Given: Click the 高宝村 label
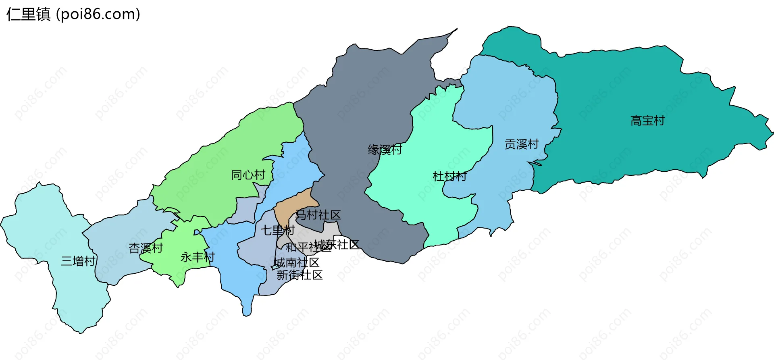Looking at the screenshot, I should click(x=647, y=121).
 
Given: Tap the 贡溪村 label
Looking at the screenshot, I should click(x=522, y=144).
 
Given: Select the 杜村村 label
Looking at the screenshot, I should click(x=449, y=176).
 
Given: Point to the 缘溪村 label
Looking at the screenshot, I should click(x=385, y=150).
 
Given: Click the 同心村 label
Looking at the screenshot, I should click(x=248, y=175).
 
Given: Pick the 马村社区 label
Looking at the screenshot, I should click(x=318, y=215).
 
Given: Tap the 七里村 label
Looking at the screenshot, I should click(x=278, y=230).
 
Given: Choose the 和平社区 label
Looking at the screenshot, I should click(x=308, y=247).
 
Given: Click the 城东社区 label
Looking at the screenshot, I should click(x=337, y=244).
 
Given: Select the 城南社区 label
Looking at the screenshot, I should click(x=297, y=262).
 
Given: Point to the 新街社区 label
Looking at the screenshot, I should click(x=300, y=275).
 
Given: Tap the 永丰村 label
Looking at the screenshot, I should click(x=198, y=257).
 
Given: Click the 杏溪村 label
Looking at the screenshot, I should click(x=146, y=248).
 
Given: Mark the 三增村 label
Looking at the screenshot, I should click(x=78, y=261).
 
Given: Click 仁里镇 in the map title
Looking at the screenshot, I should click(x=28, y=14).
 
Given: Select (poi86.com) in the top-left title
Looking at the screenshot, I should click(x=98, y=14).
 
